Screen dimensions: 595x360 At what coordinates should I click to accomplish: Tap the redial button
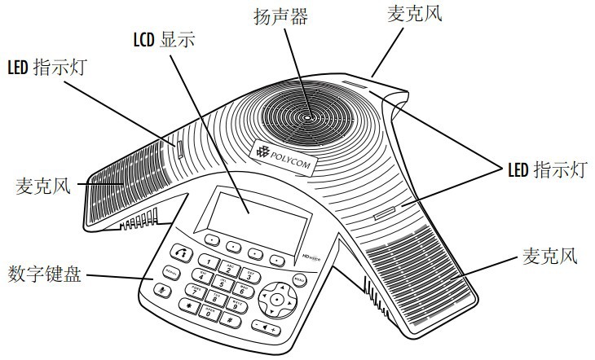(170, 270)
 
